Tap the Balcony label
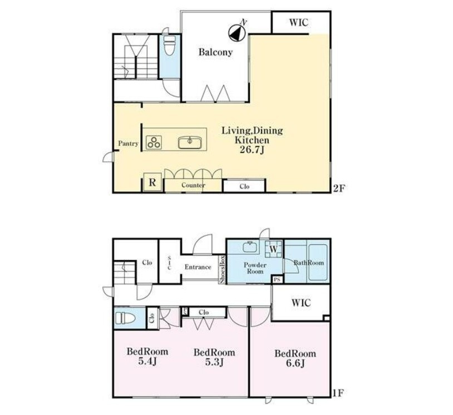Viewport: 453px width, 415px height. click(215, 52)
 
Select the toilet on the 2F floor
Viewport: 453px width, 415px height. click(169, 46)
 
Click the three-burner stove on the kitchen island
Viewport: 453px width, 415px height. click(154, 142)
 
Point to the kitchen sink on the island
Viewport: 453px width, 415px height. click(190, 142)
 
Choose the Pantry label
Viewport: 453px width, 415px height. click(128, 143)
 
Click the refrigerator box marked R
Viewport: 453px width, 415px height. click(152, 182)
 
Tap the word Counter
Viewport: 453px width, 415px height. click(193, 185)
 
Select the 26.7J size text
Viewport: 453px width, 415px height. click(252, 150)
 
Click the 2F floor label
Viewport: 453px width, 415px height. click(339, 188)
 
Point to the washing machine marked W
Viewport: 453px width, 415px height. click(274, 248)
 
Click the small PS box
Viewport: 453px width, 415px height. click(277, 280)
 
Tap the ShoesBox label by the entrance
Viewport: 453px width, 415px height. click(223, 269)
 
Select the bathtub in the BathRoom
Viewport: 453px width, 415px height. click(318, 263)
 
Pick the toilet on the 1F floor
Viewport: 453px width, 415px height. click(125, 318)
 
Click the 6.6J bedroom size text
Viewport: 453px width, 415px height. click(295, 363)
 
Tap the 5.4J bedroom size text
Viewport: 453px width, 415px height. click(147, 361)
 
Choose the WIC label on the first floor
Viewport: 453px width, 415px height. click(301, 303)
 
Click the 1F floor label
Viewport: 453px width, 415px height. click(338, 393)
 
